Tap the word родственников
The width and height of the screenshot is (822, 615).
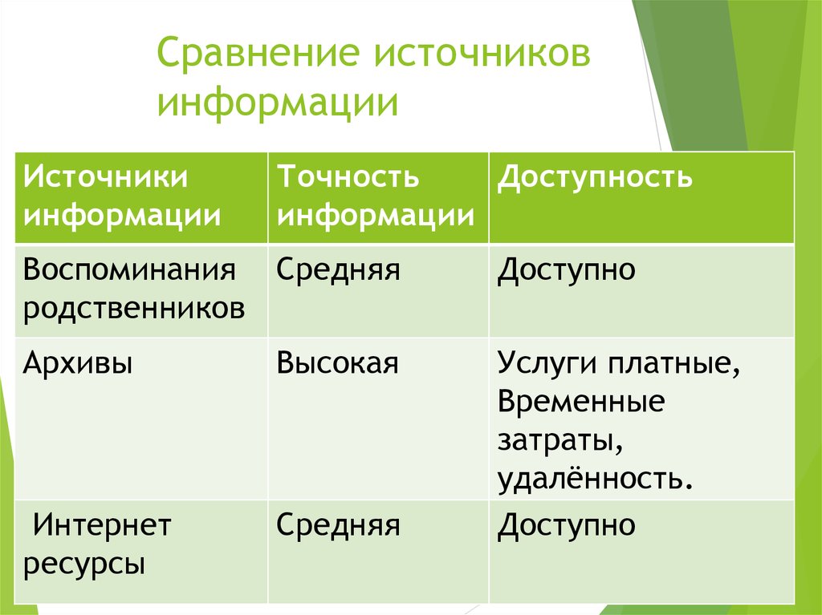(x=134, y=309)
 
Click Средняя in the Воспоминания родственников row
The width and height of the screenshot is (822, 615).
(x=339, y=270)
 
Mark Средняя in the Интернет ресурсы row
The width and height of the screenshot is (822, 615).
(x=339, y=526)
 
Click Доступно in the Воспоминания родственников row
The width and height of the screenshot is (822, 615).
(x=567, y=270)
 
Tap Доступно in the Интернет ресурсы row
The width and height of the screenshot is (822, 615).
(x=567, y=526)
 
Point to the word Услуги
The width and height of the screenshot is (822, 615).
(x=546, y=364)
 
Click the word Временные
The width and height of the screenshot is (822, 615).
(x=580, y=402)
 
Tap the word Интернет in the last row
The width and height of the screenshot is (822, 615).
(x=101, y=527)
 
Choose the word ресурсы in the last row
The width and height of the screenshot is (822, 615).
(x=84, y=564)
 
